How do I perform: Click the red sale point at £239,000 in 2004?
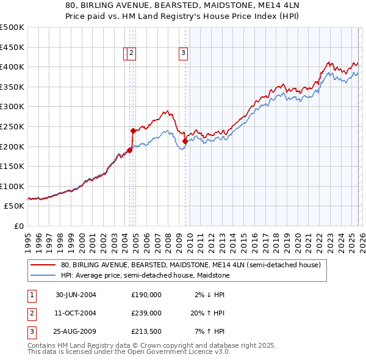point(132,131)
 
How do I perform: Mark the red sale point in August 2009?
point(185,141)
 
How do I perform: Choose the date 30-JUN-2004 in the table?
point(76,294)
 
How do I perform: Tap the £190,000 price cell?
point(146,294)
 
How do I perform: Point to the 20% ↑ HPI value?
point(207,312)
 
